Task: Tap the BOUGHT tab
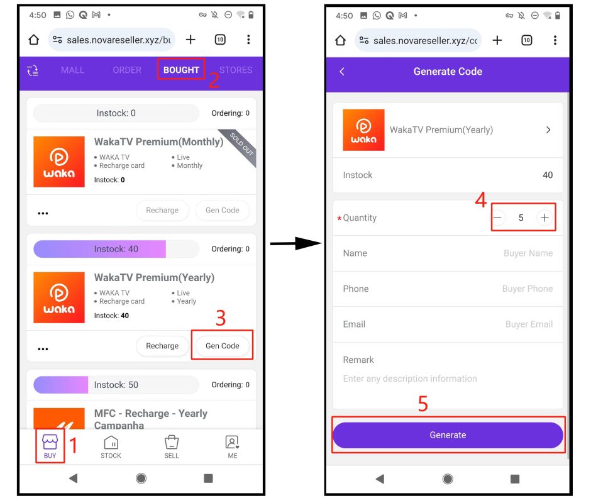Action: tap(181, 70)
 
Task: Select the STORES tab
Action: tap(236, 70)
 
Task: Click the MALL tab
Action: tap(72, 70)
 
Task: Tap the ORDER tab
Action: tap(127, 70)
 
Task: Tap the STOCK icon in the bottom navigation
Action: tap(111, 442)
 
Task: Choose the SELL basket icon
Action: tap(172, 442)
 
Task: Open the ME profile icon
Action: tap(232, 442)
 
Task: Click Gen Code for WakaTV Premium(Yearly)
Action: tap(223, 346)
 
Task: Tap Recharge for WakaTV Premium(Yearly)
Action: tap(162, 346)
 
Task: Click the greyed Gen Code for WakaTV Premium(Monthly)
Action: tap(223, 210)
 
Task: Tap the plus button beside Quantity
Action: tap(544, 218)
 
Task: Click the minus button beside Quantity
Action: tap(497, 218)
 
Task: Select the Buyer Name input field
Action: tap(528, 253)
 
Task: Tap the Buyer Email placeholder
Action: tap(529, 324)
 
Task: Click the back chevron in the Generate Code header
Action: tap(342, 72)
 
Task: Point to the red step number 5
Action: tap(423, 404)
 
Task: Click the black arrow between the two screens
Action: tap(296, 243)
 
